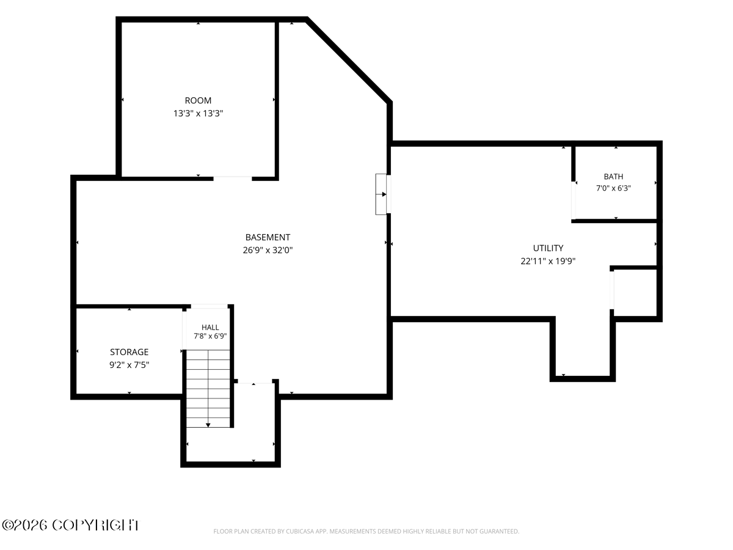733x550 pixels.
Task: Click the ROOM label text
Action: (x=198, y=100)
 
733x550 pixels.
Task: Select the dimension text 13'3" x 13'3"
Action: (x=198, y=114)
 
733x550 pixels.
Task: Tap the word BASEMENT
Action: (x=268, y=238)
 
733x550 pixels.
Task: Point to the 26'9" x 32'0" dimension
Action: (x=268, y=250)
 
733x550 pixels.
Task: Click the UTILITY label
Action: (x=548, y=248)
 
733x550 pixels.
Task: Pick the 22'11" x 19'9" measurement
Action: (x=548, y=261)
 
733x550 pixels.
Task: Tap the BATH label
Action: (x=613, y=177)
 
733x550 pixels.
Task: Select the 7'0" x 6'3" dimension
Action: (x=613, y=188)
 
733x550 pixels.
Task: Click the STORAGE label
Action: (x=129, y=352)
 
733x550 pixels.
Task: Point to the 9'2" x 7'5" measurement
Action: (x=129, y=365)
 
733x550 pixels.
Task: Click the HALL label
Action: (x=210, y=328)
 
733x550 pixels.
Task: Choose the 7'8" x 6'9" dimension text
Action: (x=210, y=336)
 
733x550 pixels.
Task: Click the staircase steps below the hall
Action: (x=208, y=389)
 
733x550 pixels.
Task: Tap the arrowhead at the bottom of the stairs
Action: (x=208, y=425)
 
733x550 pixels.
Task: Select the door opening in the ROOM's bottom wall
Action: (x=233, y=178)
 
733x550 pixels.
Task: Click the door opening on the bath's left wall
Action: (x=574, y=200)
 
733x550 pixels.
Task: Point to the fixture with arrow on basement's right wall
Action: (x=383, y=194)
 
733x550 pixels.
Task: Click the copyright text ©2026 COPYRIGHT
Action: (x=71, y=526)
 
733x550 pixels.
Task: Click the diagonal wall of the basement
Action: (x=349, y=61)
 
